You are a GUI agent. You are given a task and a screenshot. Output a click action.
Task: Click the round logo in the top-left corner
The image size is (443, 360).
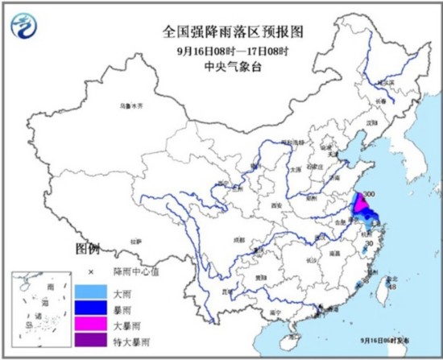(27, 27)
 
